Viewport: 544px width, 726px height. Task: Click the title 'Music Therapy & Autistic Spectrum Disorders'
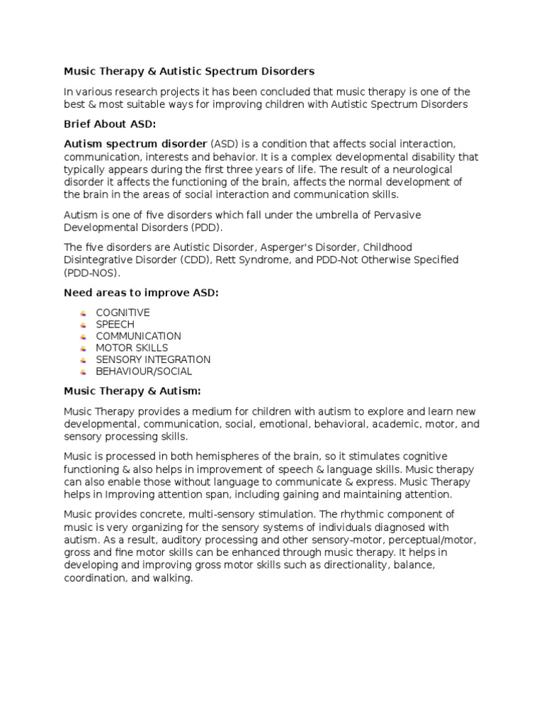(x=189, y=72)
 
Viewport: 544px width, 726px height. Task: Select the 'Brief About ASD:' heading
(x=110, y=124)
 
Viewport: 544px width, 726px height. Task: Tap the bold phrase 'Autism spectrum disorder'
(x=135, y=144)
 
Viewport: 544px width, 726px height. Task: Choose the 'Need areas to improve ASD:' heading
(x=142, y=292)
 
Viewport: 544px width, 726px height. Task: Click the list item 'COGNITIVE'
(x=123, y=313)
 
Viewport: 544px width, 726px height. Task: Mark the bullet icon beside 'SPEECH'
(x=83, y=325)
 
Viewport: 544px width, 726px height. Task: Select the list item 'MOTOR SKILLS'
(x=132, y=347)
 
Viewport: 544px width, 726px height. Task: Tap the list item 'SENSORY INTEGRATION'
(x=153, y=359)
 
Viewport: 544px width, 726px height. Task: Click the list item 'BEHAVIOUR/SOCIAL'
(x=144, y=371)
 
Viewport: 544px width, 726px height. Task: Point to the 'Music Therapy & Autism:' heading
(x=132, y=391)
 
